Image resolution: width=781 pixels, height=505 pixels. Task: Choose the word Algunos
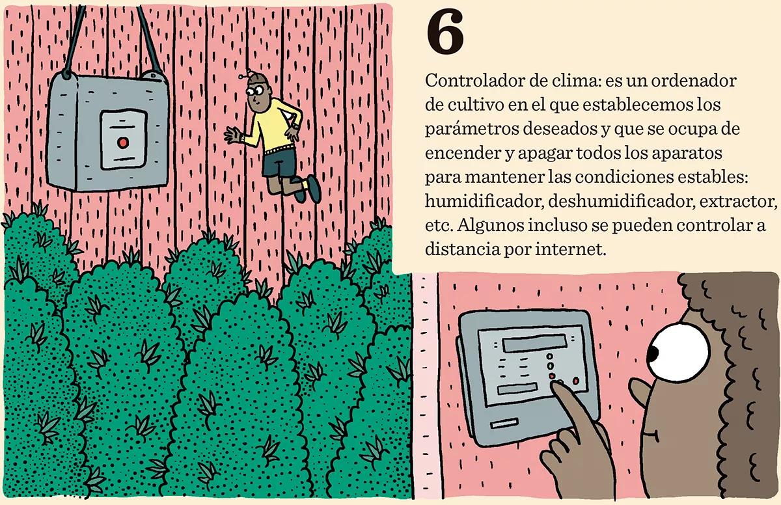[x=494, y=225]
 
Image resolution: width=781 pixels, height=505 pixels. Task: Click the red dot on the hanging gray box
[x=121, y=142]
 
